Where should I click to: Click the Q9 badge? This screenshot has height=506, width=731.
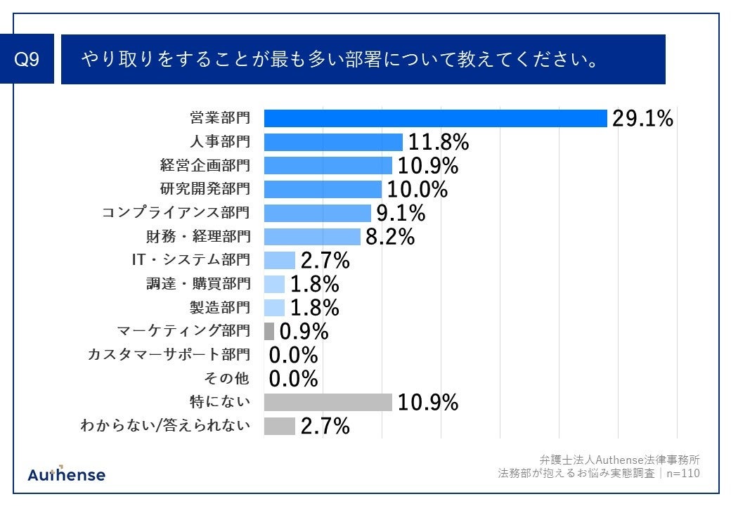[27, 60]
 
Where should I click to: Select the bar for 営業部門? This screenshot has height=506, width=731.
[435, 119]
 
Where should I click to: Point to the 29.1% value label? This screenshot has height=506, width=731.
[642, 119]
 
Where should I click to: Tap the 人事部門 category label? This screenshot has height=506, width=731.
[219, 142]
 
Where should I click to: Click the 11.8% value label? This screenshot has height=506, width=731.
[439, 143]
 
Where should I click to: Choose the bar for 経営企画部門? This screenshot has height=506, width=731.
[328, 166]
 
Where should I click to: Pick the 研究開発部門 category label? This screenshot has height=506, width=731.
[205, 189]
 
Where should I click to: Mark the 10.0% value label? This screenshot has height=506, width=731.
[418, 190]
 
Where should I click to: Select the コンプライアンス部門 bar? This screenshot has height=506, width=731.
[317, 213]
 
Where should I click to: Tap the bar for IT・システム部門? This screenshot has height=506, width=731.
[279, 260]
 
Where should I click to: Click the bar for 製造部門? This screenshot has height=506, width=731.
[274, 307]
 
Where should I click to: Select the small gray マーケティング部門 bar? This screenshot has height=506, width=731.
[269, 331]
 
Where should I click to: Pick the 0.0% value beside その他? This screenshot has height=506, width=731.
[294, 379]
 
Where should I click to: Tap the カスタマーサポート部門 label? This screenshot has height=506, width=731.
[168, 355]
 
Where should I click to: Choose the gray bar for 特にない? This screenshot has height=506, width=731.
[328, 402]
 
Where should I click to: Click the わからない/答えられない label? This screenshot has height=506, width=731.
[165, 425]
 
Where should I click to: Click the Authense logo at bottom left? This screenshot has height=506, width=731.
[67, 474]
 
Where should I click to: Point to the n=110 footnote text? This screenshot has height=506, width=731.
[683, 474]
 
